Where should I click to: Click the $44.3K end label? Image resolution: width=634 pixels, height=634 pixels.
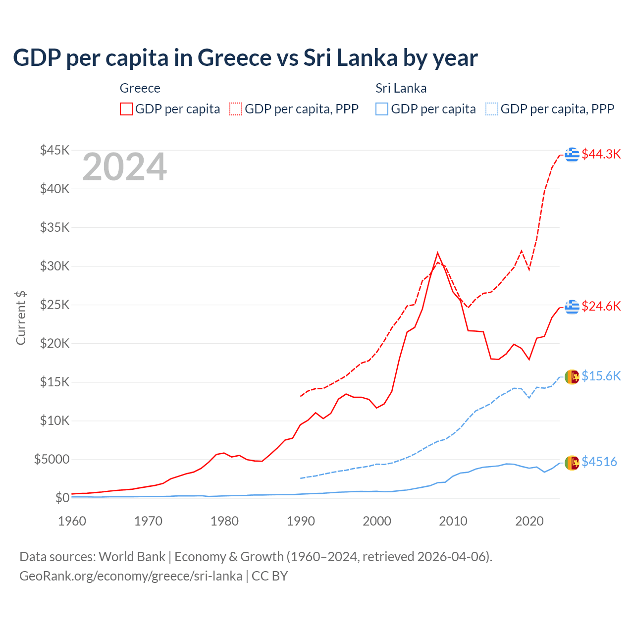[601, 154]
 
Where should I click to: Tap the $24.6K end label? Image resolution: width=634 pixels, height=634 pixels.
[601, 306]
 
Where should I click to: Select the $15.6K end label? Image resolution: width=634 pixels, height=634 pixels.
[601, 376]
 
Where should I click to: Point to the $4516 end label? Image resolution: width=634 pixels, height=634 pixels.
[599, 462]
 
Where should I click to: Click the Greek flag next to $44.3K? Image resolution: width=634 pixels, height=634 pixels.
[572, 155]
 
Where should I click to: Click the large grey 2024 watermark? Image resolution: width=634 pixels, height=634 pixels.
[124, 167]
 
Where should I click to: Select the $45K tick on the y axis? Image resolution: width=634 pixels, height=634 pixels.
[55, 150]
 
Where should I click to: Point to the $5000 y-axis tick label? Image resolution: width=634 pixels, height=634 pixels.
[52, 459]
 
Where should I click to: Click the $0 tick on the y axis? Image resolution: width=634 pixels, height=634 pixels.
[62, 498]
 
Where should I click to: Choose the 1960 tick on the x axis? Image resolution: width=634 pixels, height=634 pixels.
[72, 521]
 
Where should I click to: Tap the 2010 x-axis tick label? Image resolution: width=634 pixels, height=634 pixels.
[453, 521]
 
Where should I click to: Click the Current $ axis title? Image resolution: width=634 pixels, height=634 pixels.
[21, 318]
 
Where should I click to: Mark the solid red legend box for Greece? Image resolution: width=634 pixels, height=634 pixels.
[126, 109]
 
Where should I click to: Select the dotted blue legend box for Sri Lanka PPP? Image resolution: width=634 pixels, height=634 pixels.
[492, 109]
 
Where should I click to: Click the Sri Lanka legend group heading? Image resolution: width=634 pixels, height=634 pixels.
[401, 88]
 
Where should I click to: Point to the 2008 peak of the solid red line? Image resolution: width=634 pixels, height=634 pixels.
[437, 253]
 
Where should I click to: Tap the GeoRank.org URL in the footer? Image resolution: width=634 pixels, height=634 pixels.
[131, 576]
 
